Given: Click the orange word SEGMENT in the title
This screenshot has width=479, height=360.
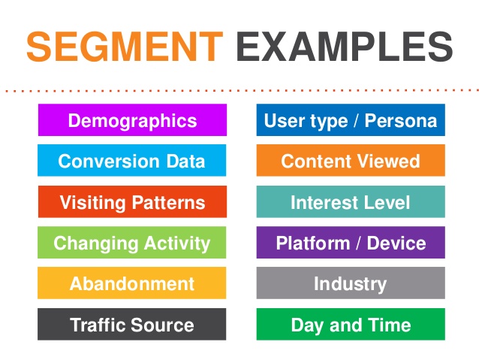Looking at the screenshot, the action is pos(125,47).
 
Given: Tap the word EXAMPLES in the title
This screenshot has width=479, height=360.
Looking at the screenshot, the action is pos(345,47).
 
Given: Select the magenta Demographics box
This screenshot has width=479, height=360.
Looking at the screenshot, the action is pos(132,120).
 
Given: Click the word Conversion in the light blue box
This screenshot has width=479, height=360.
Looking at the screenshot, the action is pos(109,161).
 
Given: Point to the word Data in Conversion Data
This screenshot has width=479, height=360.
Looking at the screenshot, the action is pos(185,161).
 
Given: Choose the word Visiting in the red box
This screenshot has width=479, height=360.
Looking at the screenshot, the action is pos(93,203).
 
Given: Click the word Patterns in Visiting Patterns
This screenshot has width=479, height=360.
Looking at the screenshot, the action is pos(169,202).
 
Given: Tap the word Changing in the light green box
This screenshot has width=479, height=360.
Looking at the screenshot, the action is pos(96,244).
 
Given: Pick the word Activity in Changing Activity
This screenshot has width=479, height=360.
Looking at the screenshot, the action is pos(177,244).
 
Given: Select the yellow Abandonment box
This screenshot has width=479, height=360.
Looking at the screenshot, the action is pos(131,283).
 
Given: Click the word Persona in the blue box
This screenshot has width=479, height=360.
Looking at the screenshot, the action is pos(401,120).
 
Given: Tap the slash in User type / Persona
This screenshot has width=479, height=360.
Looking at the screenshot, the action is pos(356,120).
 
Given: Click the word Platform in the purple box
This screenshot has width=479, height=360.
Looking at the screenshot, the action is pos(313,244).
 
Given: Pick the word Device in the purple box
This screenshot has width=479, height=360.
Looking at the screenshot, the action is pos(396,244).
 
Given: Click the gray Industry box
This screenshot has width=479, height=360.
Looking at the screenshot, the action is pos(351,283).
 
